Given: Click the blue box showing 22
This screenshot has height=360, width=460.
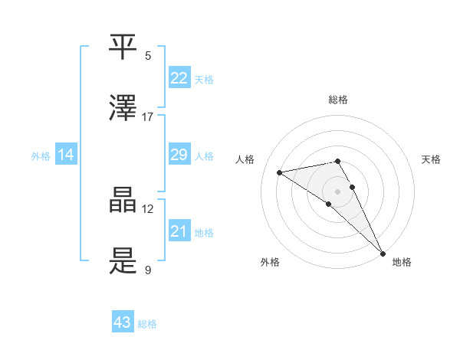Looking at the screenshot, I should [179, 78].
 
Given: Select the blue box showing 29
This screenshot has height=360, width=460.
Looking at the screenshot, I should [179, 155].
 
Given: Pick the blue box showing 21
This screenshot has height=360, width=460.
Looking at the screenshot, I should [179, 231].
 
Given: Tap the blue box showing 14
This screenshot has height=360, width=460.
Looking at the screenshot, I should [66, 155].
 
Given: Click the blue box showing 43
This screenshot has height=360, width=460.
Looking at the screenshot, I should [123, 322].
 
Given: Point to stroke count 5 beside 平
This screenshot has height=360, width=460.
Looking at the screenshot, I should [148, 55].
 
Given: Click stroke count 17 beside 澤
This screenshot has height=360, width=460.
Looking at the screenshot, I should [148, 116].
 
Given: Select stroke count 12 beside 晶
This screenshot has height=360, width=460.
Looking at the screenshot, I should [148, 208].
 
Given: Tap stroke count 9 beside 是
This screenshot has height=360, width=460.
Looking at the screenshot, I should [148, 270].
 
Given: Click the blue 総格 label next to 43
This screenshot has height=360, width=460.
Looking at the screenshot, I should [147, 324].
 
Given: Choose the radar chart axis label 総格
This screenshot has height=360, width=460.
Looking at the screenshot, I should [338, 100].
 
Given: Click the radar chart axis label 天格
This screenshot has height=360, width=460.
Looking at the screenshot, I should [431, 159].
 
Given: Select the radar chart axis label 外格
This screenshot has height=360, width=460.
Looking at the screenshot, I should [270, 262].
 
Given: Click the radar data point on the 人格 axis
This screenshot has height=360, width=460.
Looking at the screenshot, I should [280, 172].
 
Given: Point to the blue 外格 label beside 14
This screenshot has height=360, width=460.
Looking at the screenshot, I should [41, 156].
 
